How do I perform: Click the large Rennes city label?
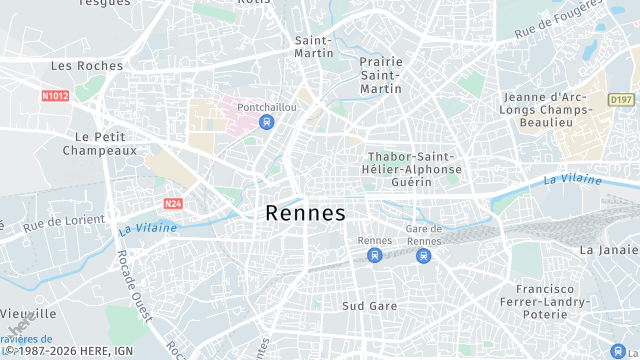pyautogui.click(x=305, y=213)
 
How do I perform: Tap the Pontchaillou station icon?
pyautogui.click(x=265, y=122)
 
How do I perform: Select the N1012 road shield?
pyautogui.click(x=55, y=96)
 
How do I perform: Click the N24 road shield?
pyautogui.click(x=173, y=203)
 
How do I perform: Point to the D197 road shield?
pyautogui.click(x=620, y=100)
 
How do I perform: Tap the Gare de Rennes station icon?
pyautogui.click(x=423, y=256)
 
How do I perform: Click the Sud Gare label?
pyautogui.click(x=369, y=306)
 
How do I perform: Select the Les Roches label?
pyautogui.click(x=87, y=66)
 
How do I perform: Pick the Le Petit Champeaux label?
pyautogui.click(x=99, y=143)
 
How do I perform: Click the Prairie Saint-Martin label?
pyautogui.click(x=380, y=75)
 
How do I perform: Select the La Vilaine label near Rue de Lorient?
pyautogui.click(x=147, y=229)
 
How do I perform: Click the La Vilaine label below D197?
pyautogui.click(x=573, y=180)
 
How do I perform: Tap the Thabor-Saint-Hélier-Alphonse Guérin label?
pyautogui.click(x=413, y=169)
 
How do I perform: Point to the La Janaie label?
pyautogui.click(x=608, y=249)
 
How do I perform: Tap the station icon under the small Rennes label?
pyautogui.click(x=375, y=256)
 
